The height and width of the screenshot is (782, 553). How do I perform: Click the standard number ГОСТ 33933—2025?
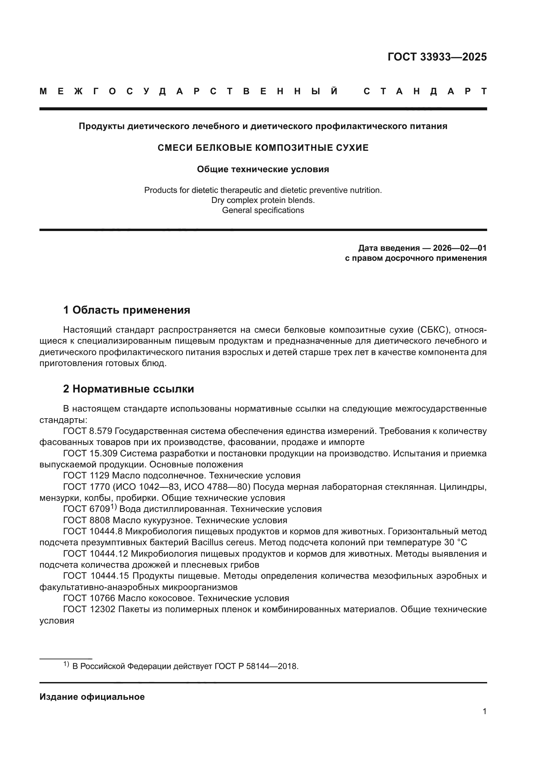pyautogui.click(x=437, y=57)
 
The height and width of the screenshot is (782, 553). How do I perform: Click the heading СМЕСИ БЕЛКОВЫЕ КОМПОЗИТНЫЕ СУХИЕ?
pyautogui.click(x=263, y=148)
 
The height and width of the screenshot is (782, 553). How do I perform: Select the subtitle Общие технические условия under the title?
pyautogui.click(x=263, y=169)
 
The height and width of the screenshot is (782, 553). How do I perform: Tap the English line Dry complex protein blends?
pyautogui.click(x=263, y=200)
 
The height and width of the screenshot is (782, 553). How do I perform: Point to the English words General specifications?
pyautogui.click(x=263, y=211)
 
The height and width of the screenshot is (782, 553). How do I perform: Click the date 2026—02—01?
pyautogui.click(x=460, y=248)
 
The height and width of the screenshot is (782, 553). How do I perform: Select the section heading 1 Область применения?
pyautogui.click(x=126, y=310)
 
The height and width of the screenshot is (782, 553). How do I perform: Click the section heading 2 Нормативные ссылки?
pyautogui.click(x=128, y=389)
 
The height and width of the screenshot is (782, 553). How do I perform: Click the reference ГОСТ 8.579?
pyautogui.click(x=88, y=431)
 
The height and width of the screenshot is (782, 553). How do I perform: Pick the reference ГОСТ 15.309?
pyautogui.click(x=90, y=454)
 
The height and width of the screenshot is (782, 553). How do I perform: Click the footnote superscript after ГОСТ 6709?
pyautogui.click(x=113, y=508)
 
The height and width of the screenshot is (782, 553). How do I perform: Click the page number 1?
pyautogui.click(x=484, y=711)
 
